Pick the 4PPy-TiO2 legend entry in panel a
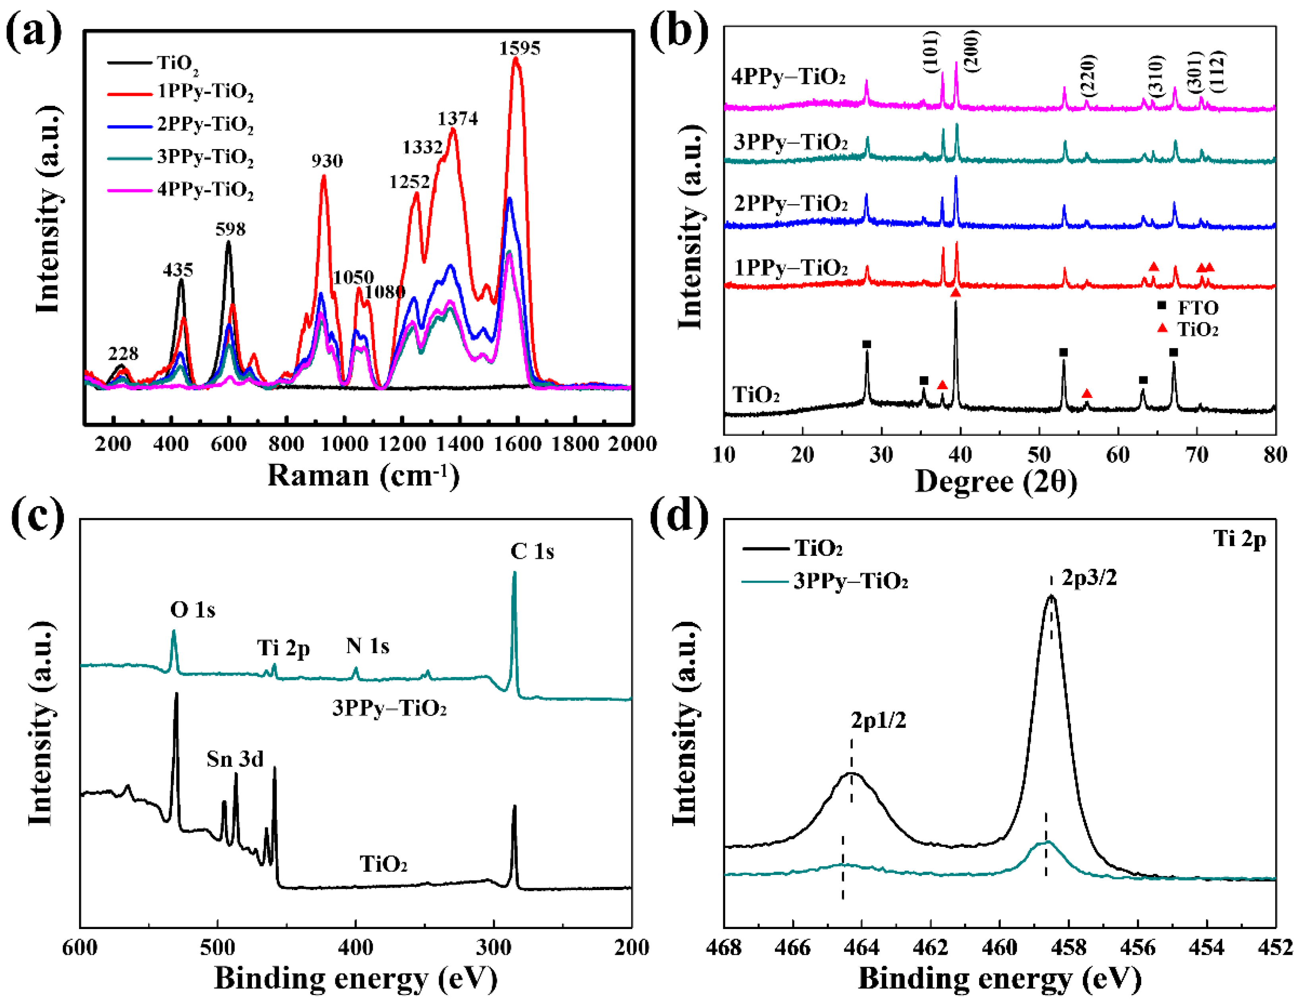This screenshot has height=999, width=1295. (x=205, y=190)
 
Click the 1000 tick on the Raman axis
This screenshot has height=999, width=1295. (x=344, y=444)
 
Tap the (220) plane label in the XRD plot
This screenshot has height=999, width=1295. (x=1089, y=76)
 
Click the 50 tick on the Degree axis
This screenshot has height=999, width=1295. (x=1039, y=455)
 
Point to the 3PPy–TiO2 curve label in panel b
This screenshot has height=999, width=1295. (x=790, y=142)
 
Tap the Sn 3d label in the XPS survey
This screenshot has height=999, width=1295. (x=235, y=759)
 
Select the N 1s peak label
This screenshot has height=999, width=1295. (x=368, y=646)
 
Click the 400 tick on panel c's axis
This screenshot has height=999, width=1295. (x=355, y=947)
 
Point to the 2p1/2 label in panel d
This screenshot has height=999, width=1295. (x=878, y=720)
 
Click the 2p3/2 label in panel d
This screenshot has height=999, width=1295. (x=1089, y=577)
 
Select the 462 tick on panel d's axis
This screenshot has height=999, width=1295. (x=930, y=947)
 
